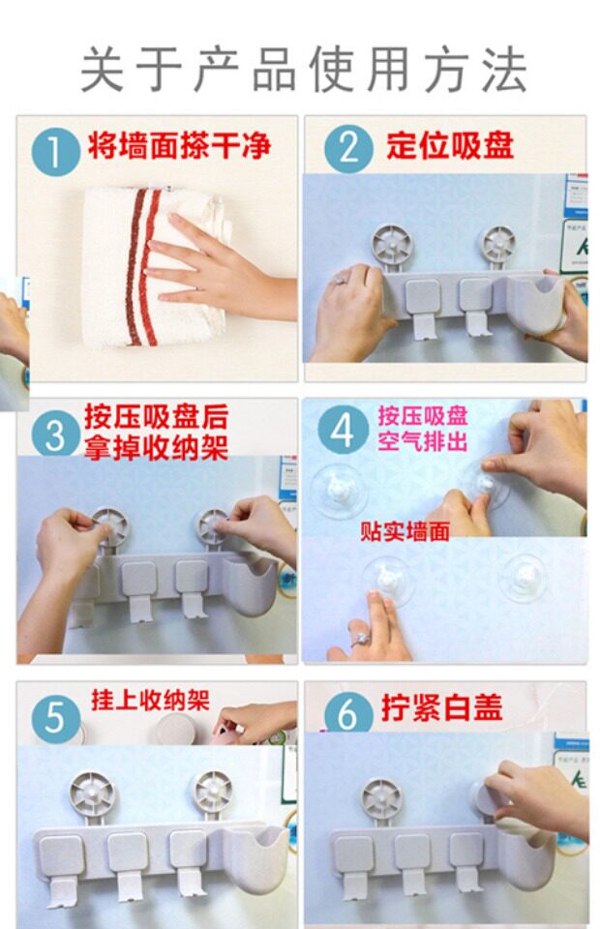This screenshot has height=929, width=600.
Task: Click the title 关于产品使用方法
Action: click(303, 71)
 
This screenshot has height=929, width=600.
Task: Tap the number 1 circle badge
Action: click(55, 152)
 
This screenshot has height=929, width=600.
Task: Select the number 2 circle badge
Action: click(348, 148)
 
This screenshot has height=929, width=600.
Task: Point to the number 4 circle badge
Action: click(342, 431)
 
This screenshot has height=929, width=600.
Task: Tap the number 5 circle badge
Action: click(54, 717)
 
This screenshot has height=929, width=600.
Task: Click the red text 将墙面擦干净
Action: click(179, 146)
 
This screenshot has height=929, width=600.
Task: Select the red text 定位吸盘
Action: click(450, 145)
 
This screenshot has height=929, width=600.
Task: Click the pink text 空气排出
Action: click(423, 442)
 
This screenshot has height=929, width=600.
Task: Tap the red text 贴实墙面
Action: click(405, 531)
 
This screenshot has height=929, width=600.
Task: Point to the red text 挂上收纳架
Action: click(150, 700)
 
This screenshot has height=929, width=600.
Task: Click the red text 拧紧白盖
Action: click(442, 707)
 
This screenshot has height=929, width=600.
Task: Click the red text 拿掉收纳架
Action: click(156, 447)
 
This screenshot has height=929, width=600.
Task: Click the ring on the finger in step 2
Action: click(342, 278)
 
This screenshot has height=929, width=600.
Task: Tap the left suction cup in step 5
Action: click(92, 793)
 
